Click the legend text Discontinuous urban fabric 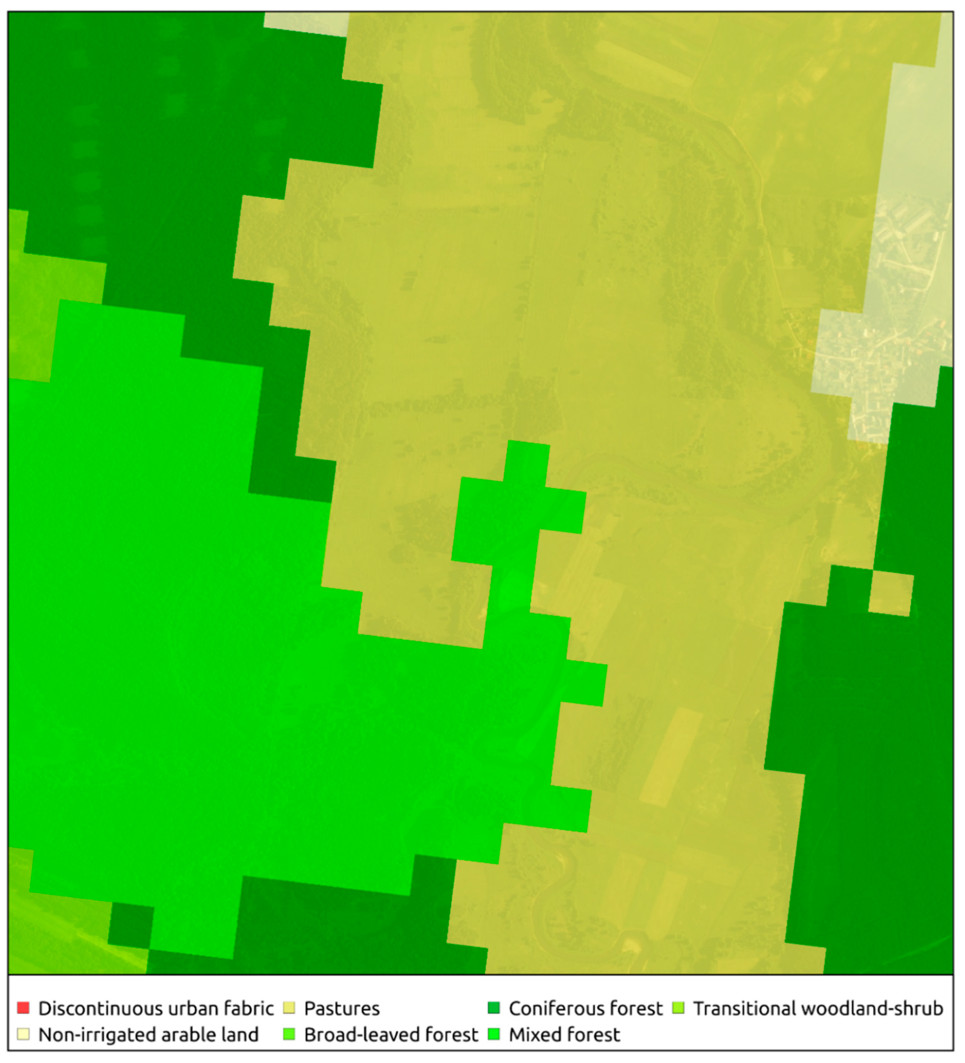(156, 1008)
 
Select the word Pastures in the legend (342, 1008)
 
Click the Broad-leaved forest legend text (391, 1035)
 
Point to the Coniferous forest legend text (585, 1008)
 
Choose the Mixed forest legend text (564, 1035)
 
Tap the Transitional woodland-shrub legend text (818, 1008)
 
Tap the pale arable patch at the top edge (306, 23)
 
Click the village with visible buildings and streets (875, 338)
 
